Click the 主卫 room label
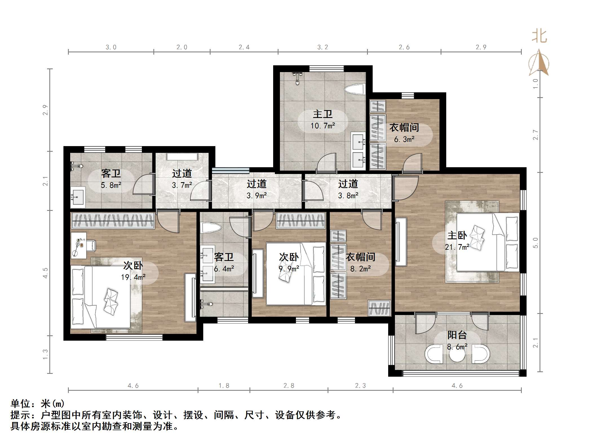point(322,114)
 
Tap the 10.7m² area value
point(322,126)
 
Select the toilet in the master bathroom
point(354,90)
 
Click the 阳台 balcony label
point(457,335)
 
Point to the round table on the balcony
point(457,355)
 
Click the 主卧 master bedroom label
point(457,235)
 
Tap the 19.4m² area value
point(133,277)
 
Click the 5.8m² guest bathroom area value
point(111,185)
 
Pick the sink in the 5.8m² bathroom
point(78,197)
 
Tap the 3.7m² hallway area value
point(182,185)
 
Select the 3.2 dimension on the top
point(323,47)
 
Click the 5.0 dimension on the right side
point(536,243)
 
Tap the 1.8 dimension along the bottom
point(224,385)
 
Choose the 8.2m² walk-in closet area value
point(361,269)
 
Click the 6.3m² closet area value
point(404,139)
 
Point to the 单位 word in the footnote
point(21,404)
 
